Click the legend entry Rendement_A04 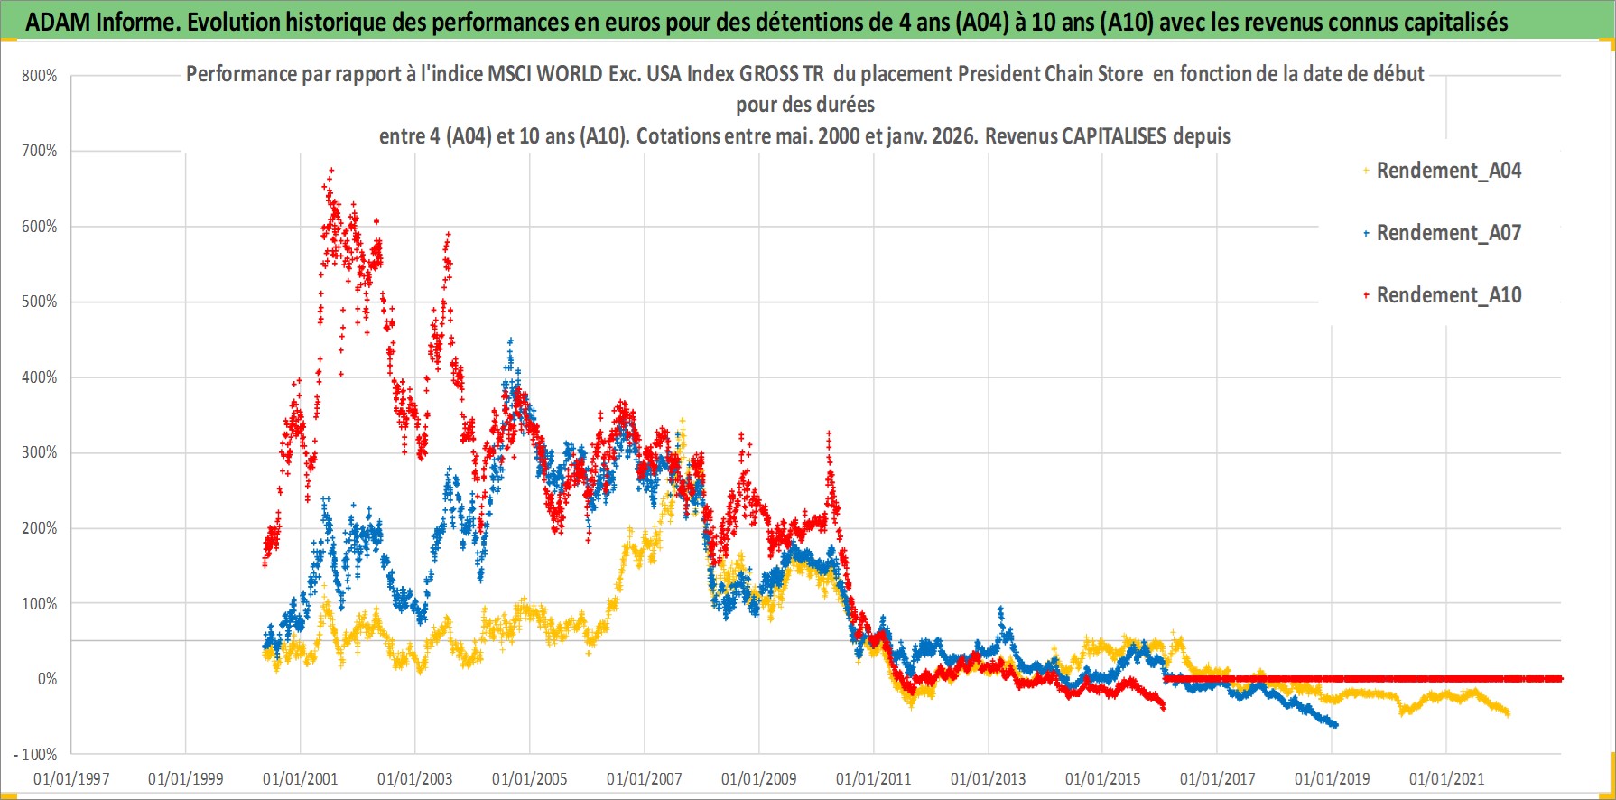click(1448, 171)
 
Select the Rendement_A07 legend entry click(1448, 233)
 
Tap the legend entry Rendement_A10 click(1448, 295)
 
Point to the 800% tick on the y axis click(40, 76)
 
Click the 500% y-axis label click(40, 302)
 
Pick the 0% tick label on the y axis click(47, 679)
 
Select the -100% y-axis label click(36, 754)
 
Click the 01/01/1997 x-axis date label click(71, 778)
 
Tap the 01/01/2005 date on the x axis click(530, 778)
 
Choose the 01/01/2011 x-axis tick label click(874, 778)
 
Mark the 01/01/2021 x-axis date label click(1447, 778)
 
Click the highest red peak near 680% click(331, 169)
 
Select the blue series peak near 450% click(510, 340)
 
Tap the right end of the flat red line click(1560, 679)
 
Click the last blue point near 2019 click(1336, 725)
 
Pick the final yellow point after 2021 click(1507, 714)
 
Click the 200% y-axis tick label click(40, 528)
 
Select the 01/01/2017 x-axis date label click(1218, 778)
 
